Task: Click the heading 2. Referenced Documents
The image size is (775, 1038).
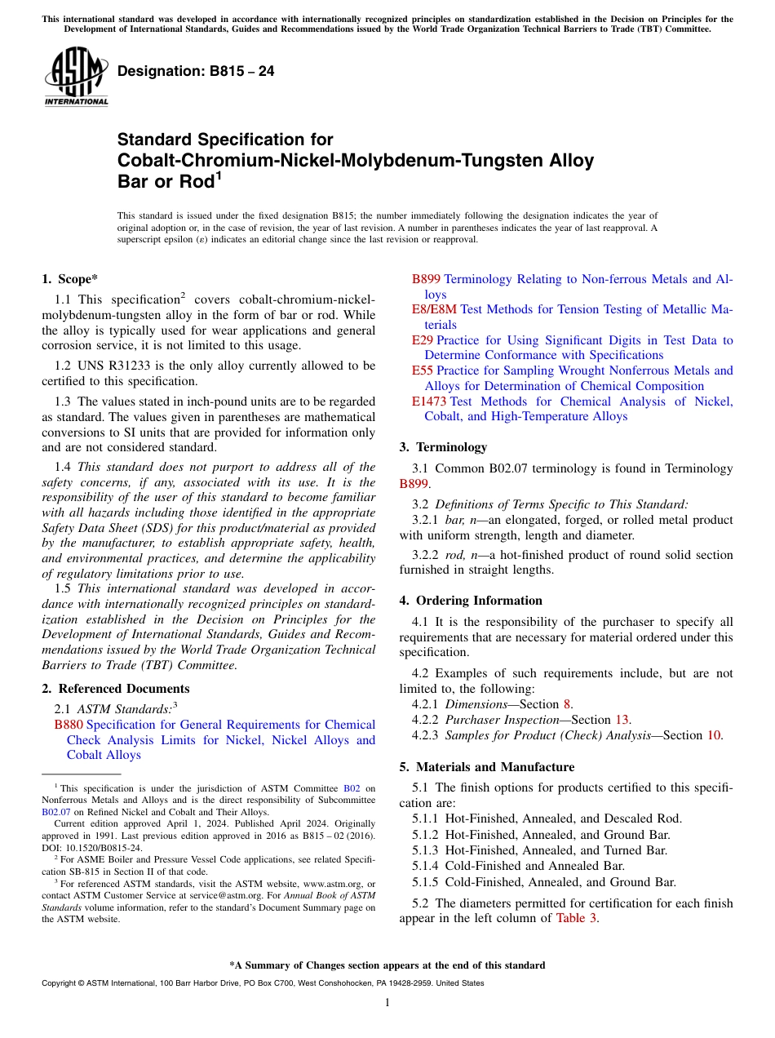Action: [115, 689]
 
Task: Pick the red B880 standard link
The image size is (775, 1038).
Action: [69, 725]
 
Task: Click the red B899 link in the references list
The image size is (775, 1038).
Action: [426, 279]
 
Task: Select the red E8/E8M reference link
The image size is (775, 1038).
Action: [434, 309]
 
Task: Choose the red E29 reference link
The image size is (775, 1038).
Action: [422, 340]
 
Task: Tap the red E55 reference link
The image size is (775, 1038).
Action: [422, 370]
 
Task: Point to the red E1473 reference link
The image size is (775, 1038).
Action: [428, 401]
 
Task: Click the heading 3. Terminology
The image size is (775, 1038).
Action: [443, 447]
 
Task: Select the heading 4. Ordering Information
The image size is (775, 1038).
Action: [470, 601]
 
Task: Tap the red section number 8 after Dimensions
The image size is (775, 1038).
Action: [567, 704]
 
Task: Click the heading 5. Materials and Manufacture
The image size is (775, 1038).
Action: [486, 767]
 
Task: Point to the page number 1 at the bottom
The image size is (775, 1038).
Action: [387, 1003]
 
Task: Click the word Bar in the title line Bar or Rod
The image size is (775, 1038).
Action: [135, 181]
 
